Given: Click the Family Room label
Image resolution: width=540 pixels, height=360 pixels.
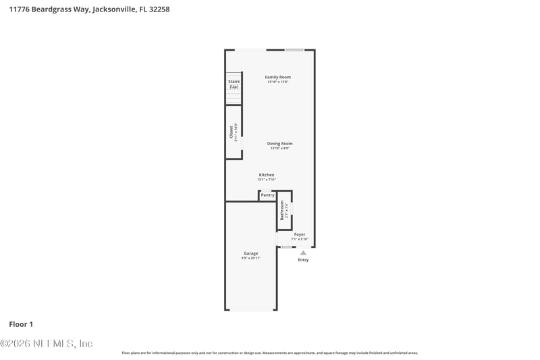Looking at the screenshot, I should click(x=277, y=77).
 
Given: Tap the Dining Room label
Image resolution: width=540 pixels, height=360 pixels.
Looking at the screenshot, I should click(x=279, y=143).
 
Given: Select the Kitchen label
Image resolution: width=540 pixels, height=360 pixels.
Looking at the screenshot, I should click(x=267, y=175).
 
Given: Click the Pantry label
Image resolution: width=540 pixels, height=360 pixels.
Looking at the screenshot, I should click(x=267, y=195).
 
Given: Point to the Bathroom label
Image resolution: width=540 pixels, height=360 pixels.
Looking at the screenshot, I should click(x=282, y=210).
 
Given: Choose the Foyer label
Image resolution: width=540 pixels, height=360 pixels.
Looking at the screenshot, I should click(x=300, y=234).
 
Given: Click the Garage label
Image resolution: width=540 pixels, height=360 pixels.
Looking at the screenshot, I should click(x=251, y=253).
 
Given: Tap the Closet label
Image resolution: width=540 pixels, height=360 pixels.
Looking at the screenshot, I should click(x=231, y=132).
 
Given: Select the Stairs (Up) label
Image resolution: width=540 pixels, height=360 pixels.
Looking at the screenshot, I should click(x=234, y=84).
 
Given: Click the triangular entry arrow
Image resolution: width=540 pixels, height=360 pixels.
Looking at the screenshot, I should click(x=303, y=253).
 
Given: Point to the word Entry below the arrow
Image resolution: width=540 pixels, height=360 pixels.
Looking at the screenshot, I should click(x=303, y=260).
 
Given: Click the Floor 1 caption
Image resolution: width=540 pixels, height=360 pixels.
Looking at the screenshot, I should click(x=21, y=324).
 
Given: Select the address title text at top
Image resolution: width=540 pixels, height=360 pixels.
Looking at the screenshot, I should click(x=89, y=10).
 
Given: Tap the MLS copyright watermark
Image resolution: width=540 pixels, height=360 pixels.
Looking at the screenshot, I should click(x=47, y=343).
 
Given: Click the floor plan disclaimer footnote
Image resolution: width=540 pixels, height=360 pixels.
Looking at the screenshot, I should click(x=269, y=353).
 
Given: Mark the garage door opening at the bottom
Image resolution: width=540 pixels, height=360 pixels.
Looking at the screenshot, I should click(x=251, y=309).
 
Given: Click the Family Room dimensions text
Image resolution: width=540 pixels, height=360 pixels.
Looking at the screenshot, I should click(x=277, y=82).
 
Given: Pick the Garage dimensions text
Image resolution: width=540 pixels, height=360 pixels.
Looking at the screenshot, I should click(x=251, y=258).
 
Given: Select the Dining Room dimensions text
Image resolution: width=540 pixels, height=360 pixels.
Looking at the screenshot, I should click(x=279, y=148).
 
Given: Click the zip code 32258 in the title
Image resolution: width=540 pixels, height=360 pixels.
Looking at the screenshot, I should click(x=159, y=10).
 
